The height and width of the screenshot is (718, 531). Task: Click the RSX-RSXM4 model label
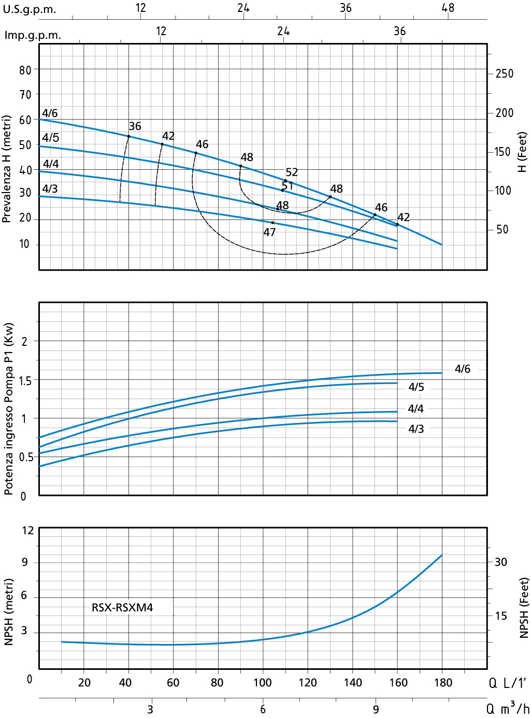[x=122, y=607]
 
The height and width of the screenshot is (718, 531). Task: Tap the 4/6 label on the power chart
[x=462, y=369]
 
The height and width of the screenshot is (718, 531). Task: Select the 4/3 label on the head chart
[x=50, y=188]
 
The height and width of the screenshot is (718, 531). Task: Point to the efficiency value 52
[x=292, y=172]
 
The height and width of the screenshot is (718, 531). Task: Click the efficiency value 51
[x=288, y=185]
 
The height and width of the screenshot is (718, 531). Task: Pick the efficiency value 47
[x=269, y=232]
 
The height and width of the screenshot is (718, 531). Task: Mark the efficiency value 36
[x=135, y=126]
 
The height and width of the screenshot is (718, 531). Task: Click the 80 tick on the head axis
[x=25, y=70]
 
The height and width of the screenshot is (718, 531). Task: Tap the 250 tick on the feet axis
[x=504, y=74]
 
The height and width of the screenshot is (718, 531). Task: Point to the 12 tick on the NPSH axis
[x=27, y=531]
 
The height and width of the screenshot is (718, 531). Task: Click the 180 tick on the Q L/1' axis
[x=443, y=682]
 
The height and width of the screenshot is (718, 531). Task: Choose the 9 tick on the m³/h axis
[x=376, y=709]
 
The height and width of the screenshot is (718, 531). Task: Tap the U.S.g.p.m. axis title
[x=30, y=10]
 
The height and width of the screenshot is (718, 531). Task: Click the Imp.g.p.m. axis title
[x=33, y=35]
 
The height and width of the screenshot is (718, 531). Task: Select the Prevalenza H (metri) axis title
[x=7, y=169]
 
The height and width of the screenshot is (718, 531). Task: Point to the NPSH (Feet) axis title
[x=524, y=608]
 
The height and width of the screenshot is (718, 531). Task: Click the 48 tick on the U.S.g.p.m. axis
[x=448, y=8]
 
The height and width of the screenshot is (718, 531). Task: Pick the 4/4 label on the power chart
[x=415, y=409]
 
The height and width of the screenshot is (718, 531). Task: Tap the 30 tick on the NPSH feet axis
[x=500, y=562]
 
